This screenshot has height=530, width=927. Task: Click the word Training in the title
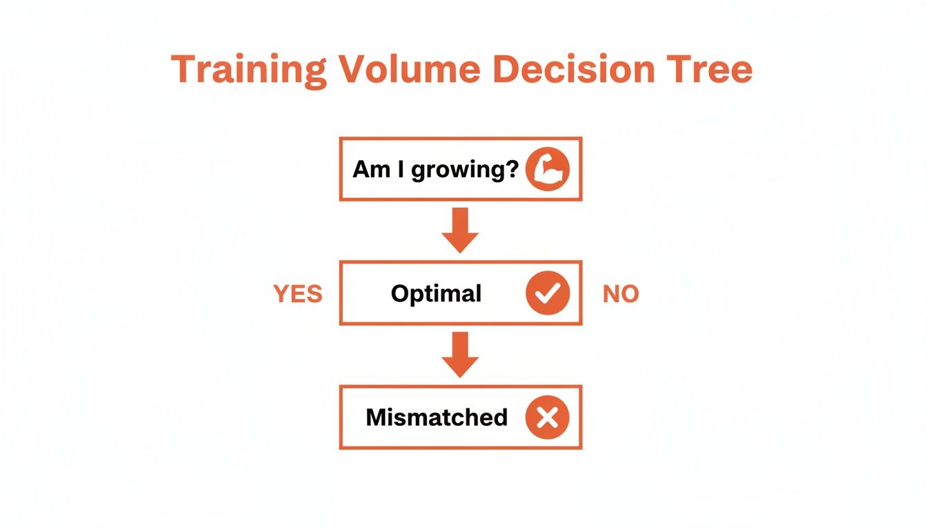(248, 70)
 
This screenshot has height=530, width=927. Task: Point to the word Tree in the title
(710, 70)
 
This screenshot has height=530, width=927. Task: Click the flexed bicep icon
(548, 169)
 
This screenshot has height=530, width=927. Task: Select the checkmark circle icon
(548, 293)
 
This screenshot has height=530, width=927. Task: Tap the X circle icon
(548, 418)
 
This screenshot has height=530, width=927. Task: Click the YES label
(298, 294)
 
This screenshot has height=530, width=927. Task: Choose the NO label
(621, 294)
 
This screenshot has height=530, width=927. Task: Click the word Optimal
(436, 294)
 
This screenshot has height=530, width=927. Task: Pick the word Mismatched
(437, 418)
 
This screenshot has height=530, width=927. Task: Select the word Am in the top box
(371, 169)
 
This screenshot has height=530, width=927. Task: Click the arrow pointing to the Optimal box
(460, 230)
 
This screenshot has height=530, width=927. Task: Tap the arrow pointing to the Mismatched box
(460, 355)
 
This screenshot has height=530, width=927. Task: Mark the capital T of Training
(184, 70)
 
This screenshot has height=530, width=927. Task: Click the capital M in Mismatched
(377, 418)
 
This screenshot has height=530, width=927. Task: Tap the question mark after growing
(511, 169)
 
